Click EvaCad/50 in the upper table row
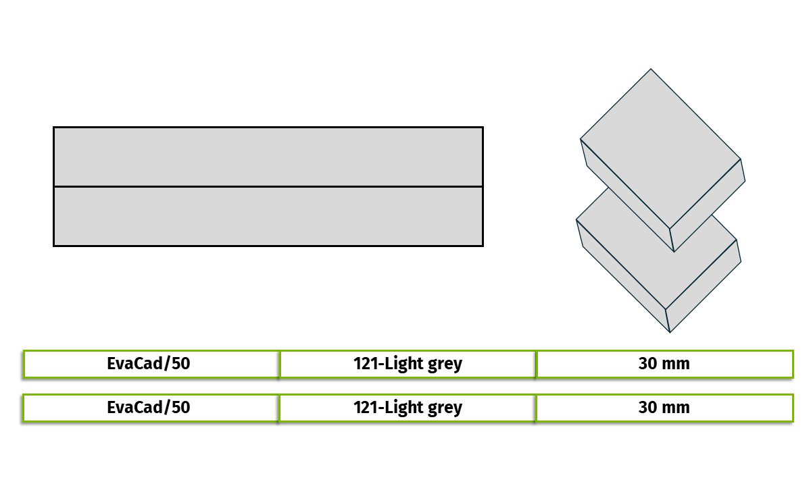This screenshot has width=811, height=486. pyautogui.click(x=149, y=363)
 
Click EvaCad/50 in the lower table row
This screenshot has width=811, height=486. pyautogui.click(x=149, y=407)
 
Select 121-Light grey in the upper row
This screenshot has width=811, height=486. pyautogui.click(x=408, y=364)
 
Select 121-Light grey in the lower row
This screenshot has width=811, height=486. pyautogui.click(x=408, y=408)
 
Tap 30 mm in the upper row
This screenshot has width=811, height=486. pyautogui.click(x=664, y=364)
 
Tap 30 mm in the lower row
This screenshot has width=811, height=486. pyautogui.click(x=664, y=408)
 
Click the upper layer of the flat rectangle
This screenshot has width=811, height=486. pyautogui.click(x=268, y=157)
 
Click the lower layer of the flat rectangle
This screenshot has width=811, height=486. pyautogui.click(x=268, y=216)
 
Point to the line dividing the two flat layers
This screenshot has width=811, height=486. pyautogui.click(x=268, y=186)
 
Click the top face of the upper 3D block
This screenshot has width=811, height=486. pyautogui.click(x=660, y=148)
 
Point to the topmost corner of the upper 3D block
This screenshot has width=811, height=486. pyautogui.click(x=651, y=69)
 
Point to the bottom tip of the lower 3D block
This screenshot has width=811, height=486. pyautogui.click(x=670, y=332)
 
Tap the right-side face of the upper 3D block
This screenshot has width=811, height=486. pyautogui.click(x=707, y=205)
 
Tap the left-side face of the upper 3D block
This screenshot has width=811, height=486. pyautogui.click(x=627, y=195)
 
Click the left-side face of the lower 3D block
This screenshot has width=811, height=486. pyautogui.click(x=622, y=276)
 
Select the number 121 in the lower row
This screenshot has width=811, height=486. pyautogui.click(x=366, y=408)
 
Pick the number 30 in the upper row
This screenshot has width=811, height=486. pyautogui.click(x=647, y=364)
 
